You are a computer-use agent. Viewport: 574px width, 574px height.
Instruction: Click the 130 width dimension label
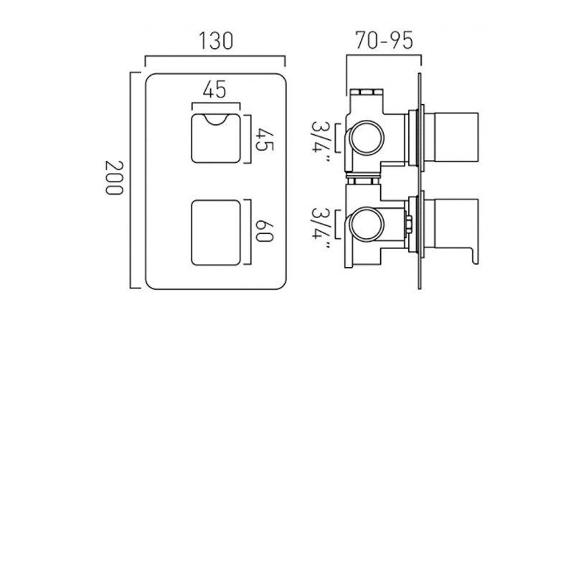point(216,42)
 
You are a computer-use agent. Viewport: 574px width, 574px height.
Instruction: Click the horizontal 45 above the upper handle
point(215,90)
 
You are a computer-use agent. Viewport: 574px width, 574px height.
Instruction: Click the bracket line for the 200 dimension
point(131,179)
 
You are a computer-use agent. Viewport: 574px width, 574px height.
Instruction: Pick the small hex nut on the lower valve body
point(408,223)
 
